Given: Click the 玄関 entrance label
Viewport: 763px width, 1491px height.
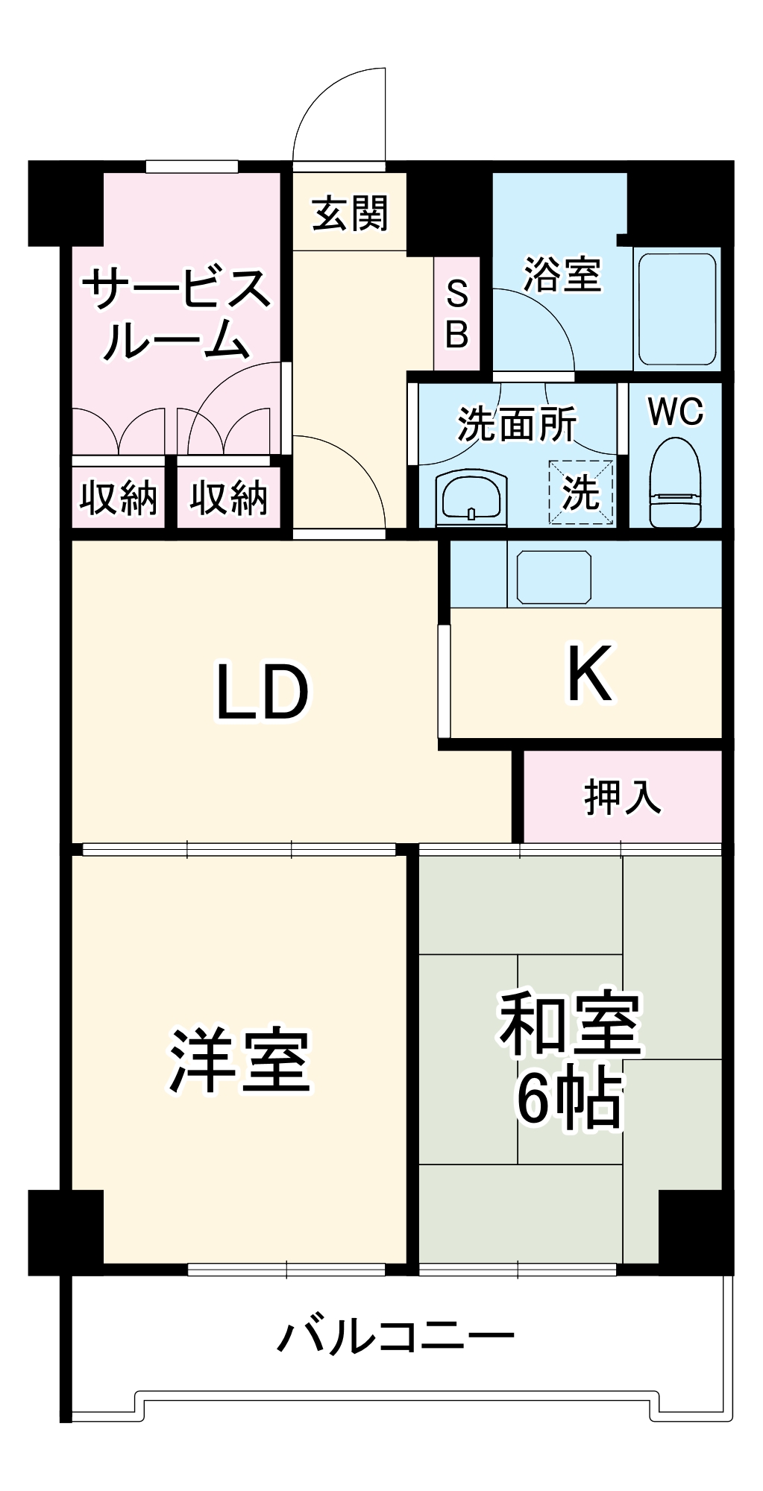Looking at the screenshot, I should point(350,213).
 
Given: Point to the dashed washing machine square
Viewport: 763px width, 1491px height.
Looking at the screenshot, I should point(581,492).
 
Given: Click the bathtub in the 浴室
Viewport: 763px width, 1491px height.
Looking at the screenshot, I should point(676,312).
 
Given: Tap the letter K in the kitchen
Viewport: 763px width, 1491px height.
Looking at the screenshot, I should point(589,675).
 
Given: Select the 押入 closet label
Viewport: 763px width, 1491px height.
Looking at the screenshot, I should point(621,797).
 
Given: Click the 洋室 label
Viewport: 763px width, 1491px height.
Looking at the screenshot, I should point(239,1061).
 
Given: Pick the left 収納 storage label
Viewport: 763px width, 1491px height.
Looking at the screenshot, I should point(118,497).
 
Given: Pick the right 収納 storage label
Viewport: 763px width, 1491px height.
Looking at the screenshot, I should point(227,497).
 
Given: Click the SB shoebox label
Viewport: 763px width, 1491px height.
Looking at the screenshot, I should point(456,315).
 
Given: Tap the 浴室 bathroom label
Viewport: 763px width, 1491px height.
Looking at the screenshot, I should point(562,274).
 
